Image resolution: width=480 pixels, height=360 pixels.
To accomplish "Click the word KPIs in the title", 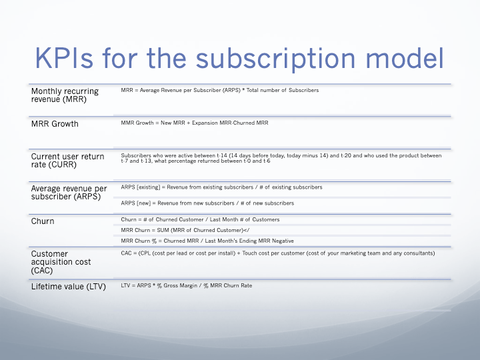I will pos(65,57).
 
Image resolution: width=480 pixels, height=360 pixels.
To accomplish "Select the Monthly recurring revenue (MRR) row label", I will pos(65,95).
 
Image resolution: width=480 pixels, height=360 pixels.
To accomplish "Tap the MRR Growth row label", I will pos(55,124).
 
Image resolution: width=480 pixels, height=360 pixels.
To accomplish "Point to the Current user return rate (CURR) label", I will pos(68,161).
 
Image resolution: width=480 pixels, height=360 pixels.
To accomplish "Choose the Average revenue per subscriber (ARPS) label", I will pos(69,193).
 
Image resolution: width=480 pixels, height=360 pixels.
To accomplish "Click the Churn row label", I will pos(43,221).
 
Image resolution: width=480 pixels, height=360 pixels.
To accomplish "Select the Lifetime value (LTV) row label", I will pos(69,287).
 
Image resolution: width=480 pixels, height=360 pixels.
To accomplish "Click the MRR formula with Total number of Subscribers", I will pos(220,90).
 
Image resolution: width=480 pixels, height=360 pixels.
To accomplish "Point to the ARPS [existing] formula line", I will pos(221,187).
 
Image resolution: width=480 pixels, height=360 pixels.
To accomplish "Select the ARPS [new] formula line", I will pos(207,203).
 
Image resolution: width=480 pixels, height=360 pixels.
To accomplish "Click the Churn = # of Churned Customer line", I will pos(200,219).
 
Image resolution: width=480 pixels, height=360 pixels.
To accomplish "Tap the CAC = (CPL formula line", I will pos(277,253).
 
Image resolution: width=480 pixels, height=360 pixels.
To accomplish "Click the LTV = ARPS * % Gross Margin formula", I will pos(187,285).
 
